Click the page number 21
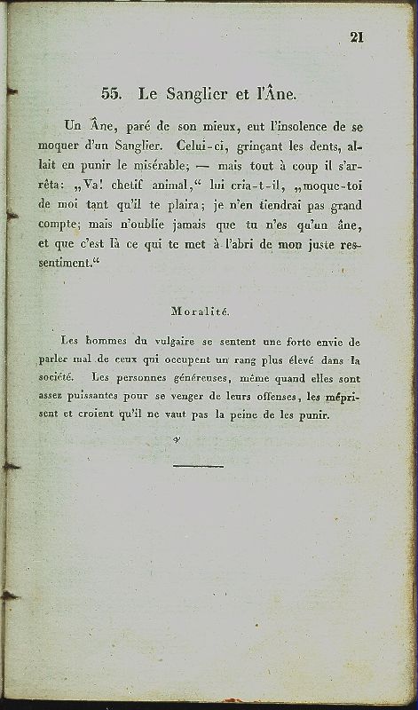[x=358, y=36]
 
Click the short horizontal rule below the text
[x=199, y=465]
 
